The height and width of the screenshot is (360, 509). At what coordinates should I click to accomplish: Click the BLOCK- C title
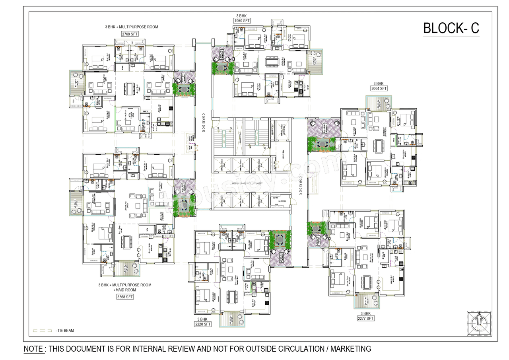tap(451, 28)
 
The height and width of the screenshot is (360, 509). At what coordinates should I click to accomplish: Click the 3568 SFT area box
tap(125, 297)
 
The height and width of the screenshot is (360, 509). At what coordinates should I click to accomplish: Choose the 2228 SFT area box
tap(202, 324)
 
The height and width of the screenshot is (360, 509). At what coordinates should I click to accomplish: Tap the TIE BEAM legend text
tap(65, 331)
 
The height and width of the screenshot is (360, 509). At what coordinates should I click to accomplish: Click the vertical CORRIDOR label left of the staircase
tap(203, 123)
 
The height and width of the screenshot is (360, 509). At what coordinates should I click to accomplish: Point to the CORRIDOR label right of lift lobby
tap(301, 185)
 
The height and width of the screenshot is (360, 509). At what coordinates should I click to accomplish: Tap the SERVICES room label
tap(282, 201)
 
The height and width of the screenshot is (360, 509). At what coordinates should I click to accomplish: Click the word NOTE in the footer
tap(34, 349)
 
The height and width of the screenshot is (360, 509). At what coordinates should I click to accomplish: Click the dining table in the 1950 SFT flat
tap(273, 62)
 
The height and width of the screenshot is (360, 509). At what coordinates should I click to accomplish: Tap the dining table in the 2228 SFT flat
tap(231, 297)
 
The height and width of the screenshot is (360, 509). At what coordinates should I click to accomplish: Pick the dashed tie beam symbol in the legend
tap(42, 331)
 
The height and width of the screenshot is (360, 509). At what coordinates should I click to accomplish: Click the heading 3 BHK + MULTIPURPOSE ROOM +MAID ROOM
tap(125, 287)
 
